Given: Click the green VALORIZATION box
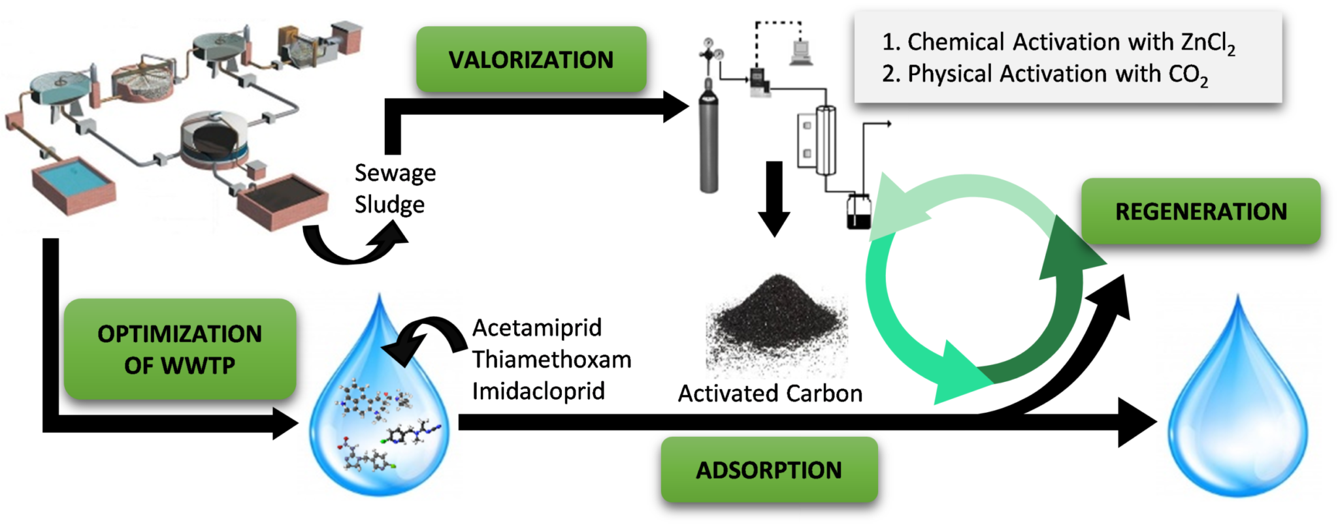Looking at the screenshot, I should click(531, 59).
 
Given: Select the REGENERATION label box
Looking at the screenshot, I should click(1201, 211).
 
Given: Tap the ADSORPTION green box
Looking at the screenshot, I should click(768, 469).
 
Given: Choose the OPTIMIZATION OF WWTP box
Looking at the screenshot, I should click(180, 349).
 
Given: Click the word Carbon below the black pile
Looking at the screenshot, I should click(824, 394).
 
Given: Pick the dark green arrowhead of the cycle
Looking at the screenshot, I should click(1071, 261).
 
